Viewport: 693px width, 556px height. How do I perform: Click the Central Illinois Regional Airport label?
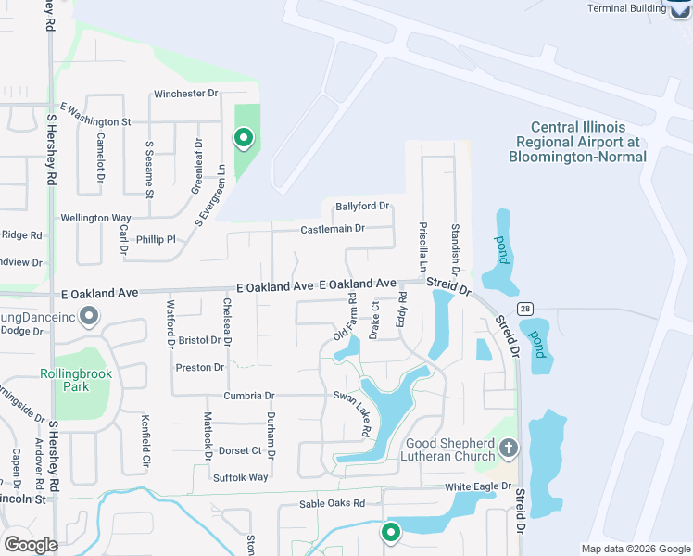pos(578,142)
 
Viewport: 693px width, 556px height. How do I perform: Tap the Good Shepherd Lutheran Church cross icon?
pos(508,449)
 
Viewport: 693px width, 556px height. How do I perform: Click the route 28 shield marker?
pos(526,308)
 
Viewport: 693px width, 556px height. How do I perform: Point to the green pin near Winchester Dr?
pos(243,139)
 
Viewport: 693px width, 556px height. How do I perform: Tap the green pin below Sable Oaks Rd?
pos(391,533)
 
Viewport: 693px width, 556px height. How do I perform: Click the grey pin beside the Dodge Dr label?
pos(89,317)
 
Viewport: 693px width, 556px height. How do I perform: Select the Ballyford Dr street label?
pos(362,206)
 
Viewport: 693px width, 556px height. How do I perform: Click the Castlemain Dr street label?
pos(333,228)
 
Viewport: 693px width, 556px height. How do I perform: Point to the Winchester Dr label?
pos(185,94)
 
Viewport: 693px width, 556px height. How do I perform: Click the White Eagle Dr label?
pos(478,486)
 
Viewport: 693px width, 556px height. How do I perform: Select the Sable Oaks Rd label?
pos(333,503)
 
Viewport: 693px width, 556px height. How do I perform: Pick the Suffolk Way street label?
pos(240,477)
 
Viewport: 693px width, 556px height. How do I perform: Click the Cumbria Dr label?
pos(249,395)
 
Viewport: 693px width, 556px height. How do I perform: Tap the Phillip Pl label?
pos(156,239)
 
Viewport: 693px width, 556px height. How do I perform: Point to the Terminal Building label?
pos(626,8)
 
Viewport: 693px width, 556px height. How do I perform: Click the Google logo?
pos(31,545)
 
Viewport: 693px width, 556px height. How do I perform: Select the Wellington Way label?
pos(95,218)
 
